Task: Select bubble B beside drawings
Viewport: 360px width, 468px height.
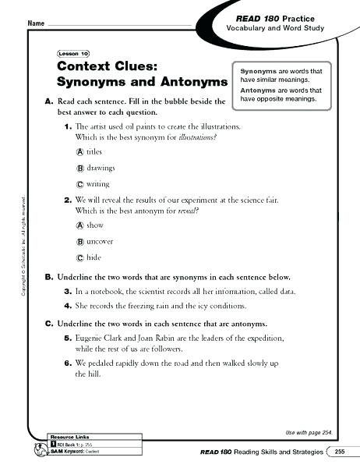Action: point(80,168)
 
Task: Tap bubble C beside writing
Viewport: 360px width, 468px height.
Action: point(80,184)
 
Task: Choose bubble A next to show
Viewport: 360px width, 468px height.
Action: point(80,225)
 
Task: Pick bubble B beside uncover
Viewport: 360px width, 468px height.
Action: point(80,241)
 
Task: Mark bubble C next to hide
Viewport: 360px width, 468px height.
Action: point(80,257)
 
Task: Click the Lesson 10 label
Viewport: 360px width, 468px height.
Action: point(74,54)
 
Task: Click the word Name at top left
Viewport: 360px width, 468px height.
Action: point(36,24)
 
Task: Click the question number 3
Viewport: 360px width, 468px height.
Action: point(68,290)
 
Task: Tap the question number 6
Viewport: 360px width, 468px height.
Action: point(68,364)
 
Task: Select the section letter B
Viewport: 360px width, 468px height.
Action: point(48,277)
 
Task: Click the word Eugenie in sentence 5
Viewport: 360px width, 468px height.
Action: point(90,339)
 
